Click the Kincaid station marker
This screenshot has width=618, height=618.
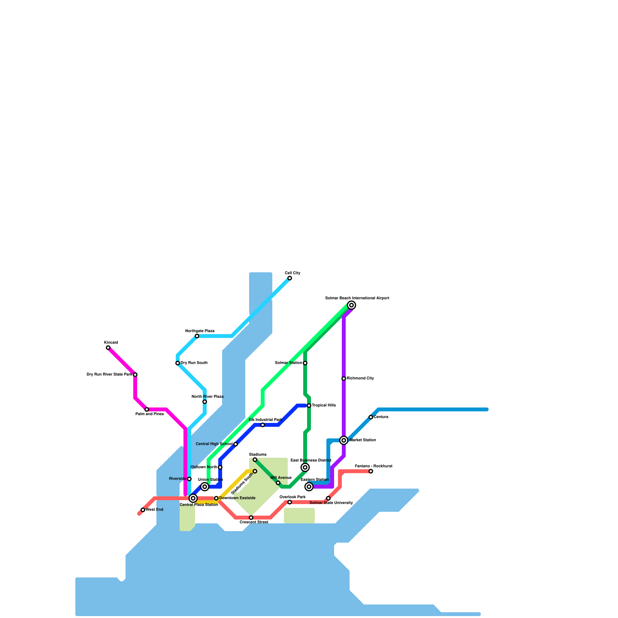tap(108, 348)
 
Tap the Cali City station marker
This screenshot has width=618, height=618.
tap(290, 278)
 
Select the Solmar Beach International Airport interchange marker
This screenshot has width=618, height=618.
tap(351, 305)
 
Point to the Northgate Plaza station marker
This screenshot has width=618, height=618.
tap(197, 336)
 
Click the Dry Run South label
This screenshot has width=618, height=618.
tap(194, 363)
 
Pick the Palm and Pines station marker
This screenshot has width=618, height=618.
tap(147, 409)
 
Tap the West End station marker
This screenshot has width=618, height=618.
tap(143, 510)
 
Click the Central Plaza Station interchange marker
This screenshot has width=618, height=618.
tap(193, 498)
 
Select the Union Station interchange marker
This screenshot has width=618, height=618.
tap(205, 487)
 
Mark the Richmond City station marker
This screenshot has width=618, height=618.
tap(344, 379)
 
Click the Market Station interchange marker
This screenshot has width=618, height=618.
tap(344, 440)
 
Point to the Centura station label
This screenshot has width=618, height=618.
tap(381, 417)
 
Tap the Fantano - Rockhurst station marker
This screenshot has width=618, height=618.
tap(371, 471)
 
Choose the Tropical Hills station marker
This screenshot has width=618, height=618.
tap(309, 406)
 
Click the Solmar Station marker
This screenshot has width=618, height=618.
tap(305, 363)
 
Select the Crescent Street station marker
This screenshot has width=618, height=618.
tap(251, 518)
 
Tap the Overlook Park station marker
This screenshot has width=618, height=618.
tap(290, 502)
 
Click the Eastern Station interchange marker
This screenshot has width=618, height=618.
tap(309, 487)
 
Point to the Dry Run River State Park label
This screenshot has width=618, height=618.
tap(110, 375)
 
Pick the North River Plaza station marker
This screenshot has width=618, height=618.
tap(205, 402)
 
